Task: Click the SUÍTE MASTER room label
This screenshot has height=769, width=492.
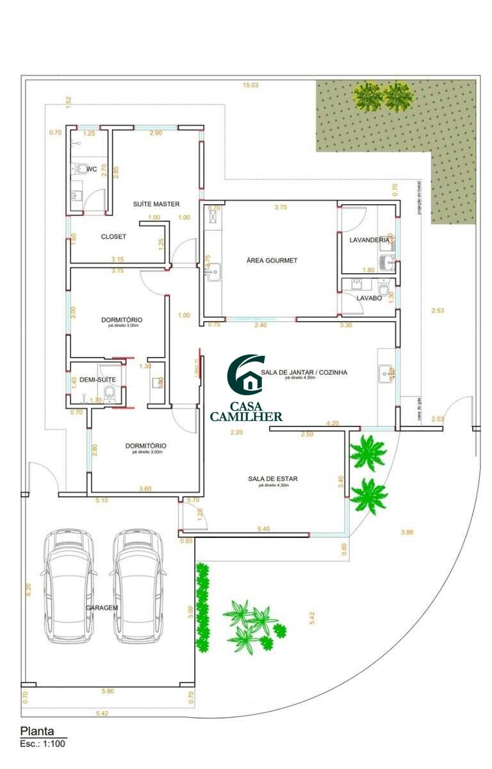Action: coord(156,204)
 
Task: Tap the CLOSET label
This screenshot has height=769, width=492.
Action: coord(113,237)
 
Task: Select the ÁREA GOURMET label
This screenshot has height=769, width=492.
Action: coord(272,260)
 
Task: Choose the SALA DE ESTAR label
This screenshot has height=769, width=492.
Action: coord(273,479)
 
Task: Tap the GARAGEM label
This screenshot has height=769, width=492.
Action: coord(102,608)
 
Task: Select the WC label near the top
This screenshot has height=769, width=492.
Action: coord(92,169)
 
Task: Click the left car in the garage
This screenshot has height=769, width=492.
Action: coord(69,585)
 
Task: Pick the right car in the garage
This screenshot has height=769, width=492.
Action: coord(136,585)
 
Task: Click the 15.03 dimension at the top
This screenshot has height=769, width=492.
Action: coord(250,84)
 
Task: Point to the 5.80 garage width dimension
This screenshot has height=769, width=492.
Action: coord(107,692)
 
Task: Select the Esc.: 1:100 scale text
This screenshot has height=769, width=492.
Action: coord(42,744)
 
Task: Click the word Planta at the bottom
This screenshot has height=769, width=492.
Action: coord(37,731)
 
